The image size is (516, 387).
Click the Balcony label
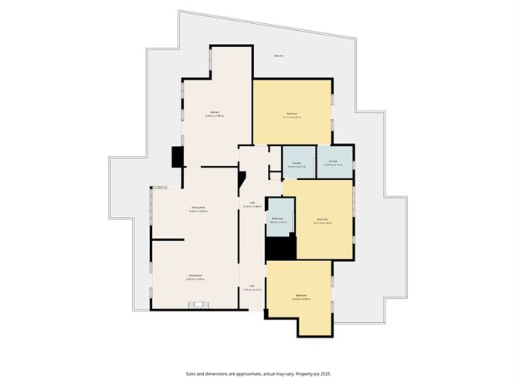(279, 56)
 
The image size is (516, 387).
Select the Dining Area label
(197, 207)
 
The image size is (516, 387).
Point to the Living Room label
(195, 275)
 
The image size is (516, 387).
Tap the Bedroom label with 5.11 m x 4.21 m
(293, 114)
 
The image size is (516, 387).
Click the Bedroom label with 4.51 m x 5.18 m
(324, 219)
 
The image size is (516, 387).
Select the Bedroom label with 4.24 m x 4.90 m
(301, 295)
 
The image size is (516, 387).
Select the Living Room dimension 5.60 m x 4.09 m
(195, 280)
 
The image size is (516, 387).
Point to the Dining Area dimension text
(197, 212)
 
